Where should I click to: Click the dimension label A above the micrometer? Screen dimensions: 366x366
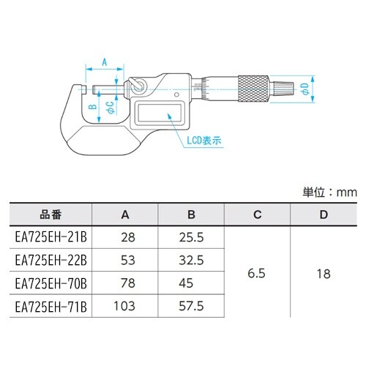(x=103, y=64)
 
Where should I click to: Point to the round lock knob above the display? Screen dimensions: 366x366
(x=136, y=86)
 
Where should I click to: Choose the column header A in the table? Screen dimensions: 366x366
(x=124, y=215)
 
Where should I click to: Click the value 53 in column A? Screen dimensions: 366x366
(x=124, y=260)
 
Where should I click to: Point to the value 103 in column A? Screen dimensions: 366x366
(x=124, y=305)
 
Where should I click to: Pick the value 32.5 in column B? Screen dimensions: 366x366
(x=191, y=260)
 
